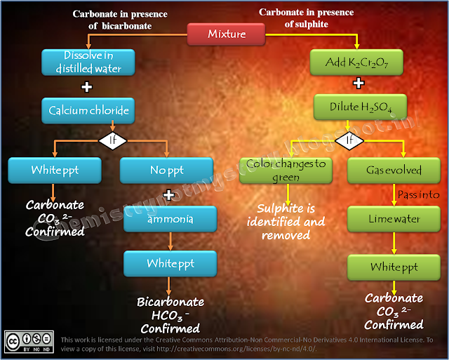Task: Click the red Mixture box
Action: click(226, 34)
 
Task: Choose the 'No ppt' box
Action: click(167, 170)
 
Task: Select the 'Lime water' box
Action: click(393, 219)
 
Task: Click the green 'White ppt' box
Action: click(393, 267)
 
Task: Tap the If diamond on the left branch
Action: click(112, 140)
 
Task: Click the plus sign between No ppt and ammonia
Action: click(168, 194)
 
